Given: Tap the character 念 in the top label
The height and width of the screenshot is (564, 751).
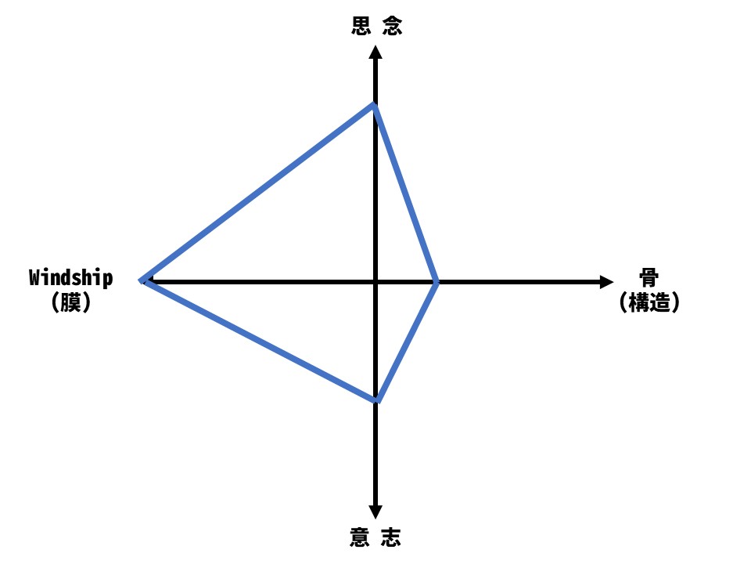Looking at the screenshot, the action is (x=392, y=26).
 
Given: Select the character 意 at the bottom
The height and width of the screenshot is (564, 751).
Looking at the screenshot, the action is (x=360, y=537).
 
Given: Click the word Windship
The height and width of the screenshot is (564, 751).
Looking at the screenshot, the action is (x=70, y=278).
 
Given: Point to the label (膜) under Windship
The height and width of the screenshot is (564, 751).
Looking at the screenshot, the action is (x=70, y=302).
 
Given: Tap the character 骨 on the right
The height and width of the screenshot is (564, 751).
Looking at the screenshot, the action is (x=649, y=278).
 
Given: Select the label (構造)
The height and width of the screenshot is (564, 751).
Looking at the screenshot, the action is (x=649, y=302).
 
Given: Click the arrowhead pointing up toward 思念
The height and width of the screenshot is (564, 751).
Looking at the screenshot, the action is (x=375, y=52).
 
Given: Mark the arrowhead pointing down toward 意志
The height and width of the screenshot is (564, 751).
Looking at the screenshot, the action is (x=375, y=510).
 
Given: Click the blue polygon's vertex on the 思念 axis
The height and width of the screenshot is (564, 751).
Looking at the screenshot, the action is (x=375, y=105).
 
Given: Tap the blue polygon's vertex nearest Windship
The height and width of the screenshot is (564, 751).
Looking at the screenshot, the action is (x=143, y=280).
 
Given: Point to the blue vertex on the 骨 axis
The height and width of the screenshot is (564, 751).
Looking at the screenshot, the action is (x=437, y=281).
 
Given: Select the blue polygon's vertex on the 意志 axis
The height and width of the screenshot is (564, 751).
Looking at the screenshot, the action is (x=377, y=400).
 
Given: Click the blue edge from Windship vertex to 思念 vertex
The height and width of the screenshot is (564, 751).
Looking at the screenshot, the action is (x=259, y=193).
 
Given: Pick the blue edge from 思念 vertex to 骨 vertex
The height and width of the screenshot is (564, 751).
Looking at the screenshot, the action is (x=406, y=193).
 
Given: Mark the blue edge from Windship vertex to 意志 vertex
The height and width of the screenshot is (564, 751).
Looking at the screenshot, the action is (x=260, y=340).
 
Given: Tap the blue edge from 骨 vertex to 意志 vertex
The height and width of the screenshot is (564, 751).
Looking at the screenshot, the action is (x=407, y=341).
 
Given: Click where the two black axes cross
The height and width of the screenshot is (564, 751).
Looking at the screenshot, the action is (x=375, y=281).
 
